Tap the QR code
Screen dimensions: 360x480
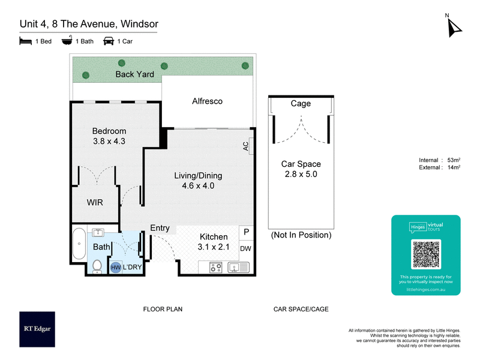(x=426, y=254)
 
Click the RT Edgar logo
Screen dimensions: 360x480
(x=37, y=329)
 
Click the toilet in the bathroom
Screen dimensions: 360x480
(x=97, y=265)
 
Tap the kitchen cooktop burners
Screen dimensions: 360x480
(x=216, y=268)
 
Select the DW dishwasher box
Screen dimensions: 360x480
(x=246, y=248)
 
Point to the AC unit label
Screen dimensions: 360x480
(x=247, y=146)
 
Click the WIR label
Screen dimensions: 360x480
(x=94, y=203)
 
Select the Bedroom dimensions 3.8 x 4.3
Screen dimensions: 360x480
(x=109, y=142)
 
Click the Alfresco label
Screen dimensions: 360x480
(x=207, y=101)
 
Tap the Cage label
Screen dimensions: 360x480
(x=301, y=103)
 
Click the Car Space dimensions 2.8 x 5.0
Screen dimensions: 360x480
(x=300, y=175)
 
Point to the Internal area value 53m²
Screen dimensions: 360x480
(x=454, y=160)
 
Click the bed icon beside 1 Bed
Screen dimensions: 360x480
(x=25, y=41)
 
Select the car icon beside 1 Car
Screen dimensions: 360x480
(x=109, y=41)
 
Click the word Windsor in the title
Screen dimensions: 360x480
(x=140, y=24)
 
